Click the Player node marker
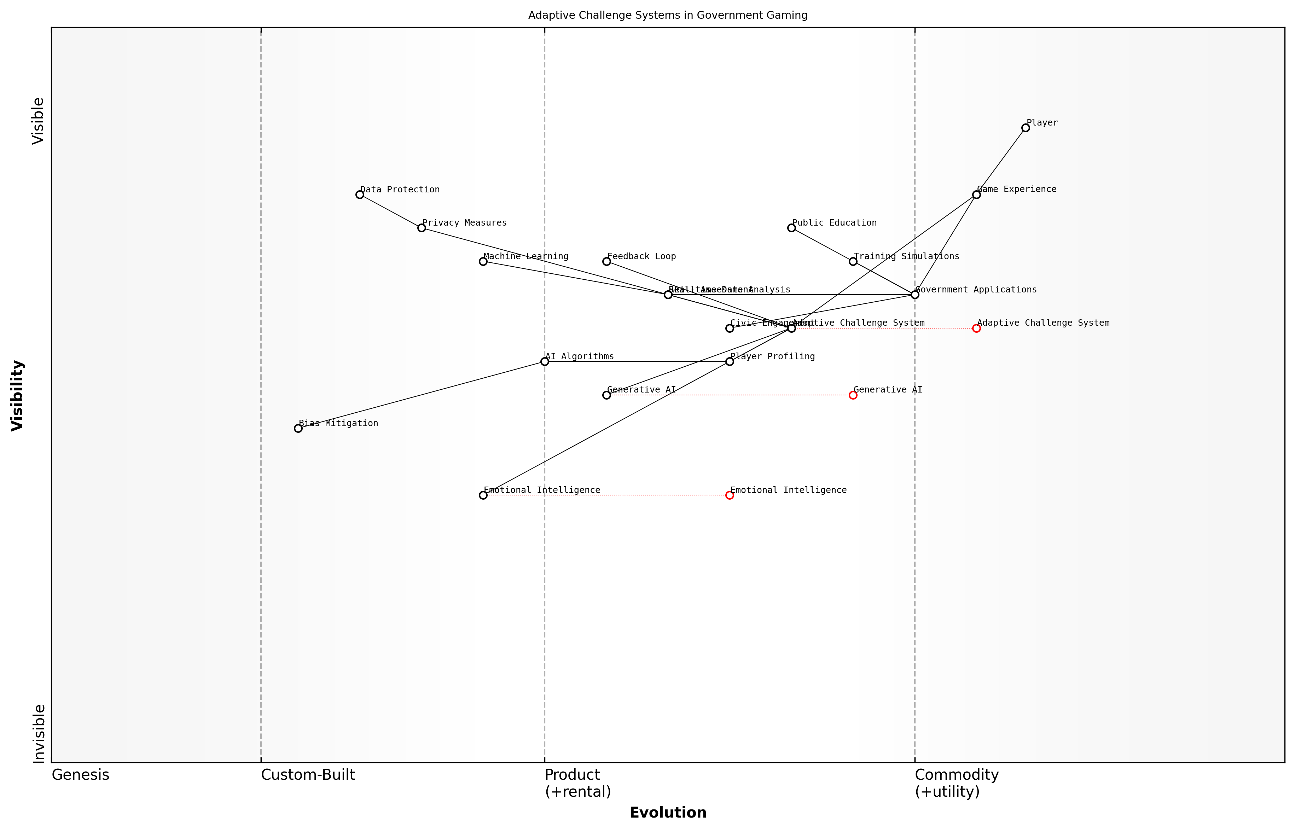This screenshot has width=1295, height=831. pos(1025,128)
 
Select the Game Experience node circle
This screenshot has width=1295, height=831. pos(976,195)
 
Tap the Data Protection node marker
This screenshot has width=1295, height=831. pos(360,195)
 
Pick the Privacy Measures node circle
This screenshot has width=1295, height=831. pos(422,228)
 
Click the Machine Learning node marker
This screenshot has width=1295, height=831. pos(483,261)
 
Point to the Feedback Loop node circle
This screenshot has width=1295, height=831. pos(606,261)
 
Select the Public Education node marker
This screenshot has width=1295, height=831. pos(791,228)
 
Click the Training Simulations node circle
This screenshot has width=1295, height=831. pos(853,261)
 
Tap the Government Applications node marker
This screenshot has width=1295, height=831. pos(914,295)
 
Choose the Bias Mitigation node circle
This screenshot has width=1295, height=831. pos(298,429)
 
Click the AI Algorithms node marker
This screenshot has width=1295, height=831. pos(545,361)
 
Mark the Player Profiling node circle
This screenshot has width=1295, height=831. pos(730,361)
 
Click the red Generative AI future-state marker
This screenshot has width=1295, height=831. pos(853,395)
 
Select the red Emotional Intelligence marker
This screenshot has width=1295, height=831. pos(730,495)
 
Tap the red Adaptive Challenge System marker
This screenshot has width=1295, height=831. pos(976,328)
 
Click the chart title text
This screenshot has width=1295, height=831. pos(667,15)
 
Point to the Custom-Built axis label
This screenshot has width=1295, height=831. pos(308,775)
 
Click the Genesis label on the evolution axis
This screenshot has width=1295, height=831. pos(80,775)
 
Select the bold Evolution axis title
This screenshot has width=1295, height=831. pos(667,813)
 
